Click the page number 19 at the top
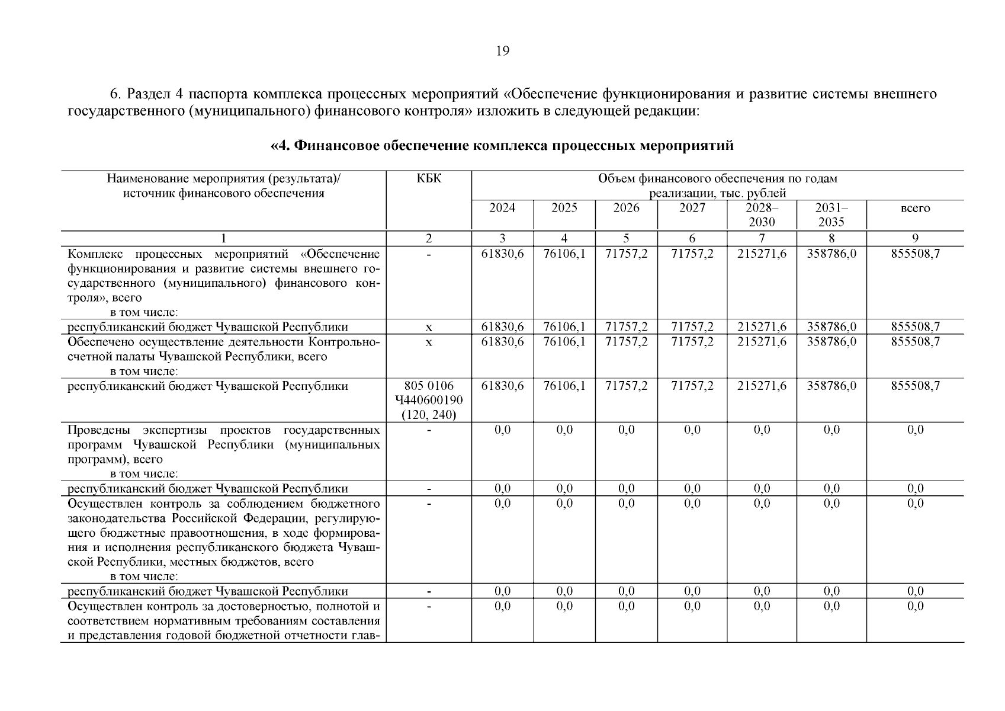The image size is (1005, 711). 502,51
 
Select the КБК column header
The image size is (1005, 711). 429,178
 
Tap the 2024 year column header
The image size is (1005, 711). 502,208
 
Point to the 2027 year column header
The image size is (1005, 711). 692,208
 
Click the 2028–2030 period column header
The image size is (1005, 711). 762,214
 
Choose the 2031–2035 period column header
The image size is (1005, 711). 831,214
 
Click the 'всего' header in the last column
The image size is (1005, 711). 915,208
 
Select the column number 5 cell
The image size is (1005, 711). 626,238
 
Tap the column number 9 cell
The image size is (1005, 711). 915,238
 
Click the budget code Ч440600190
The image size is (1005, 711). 429,401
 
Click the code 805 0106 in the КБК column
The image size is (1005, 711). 429,386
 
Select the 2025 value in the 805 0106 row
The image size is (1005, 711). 564,386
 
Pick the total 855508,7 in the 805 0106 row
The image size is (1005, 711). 915,386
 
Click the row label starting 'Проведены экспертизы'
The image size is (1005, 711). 224,430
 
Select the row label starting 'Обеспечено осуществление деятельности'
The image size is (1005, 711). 224,342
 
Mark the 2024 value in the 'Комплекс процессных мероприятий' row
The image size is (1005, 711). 502,254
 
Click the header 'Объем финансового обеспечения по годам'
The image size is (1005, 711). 718,178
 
